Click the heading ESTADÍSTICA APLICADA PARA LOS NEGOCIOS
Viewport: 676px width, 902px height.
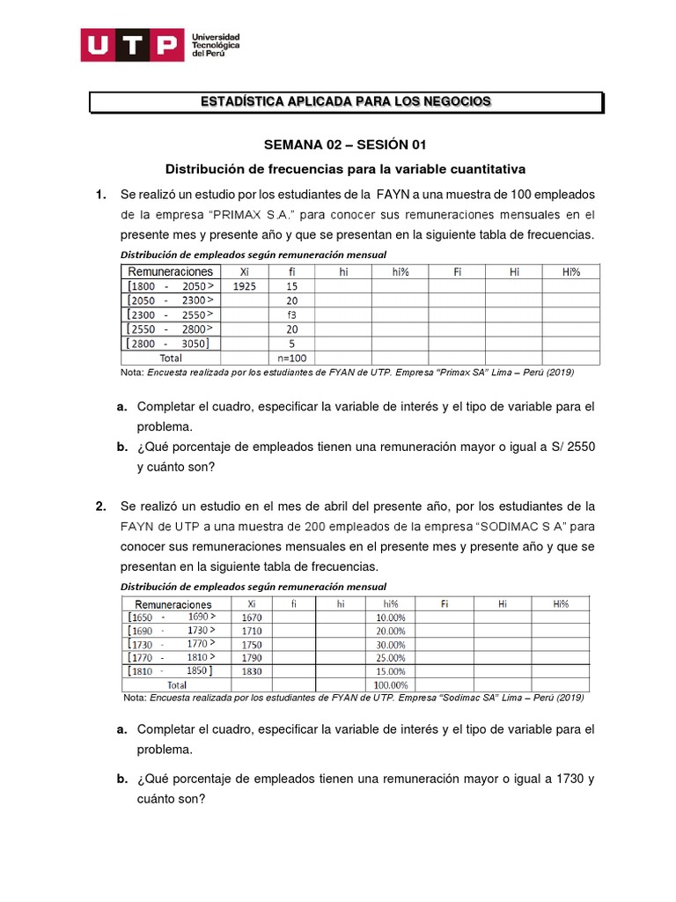(x=346, y=102)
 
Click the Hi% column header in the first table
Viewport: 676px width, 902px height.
(x=570, y=271)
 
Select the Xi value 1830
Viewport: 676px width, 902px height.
(x=252, y=671)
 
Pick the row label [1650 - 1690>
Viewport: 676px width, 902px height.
(x=173, y=617)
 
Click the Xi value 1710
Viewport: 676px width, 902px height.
(x=252, y=631)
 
